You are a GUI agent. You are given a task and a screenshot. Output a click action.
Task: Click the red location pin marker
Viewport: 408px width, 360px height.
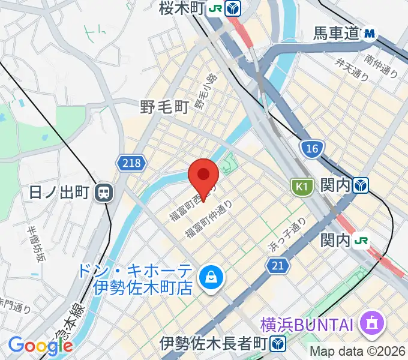[203, 175]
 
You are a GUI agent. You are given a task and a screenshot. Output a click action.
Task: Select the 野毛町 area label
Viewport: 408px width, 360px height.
[164, 107]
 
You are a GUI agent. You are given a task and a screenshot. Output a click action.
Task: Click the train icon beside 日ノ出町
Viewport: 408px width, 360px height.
[104, 193]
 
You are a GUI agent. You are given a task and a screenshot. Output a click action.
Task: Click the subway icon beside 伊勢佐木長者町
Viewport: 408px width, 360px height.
[277, 344]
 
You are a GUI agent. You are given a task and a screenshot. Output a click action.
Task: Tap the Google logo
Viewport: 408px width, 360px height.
[40, 346]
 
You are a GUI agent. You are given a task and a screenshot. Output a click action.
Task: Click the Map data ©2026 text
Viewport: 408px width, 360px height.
[358, 351]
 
